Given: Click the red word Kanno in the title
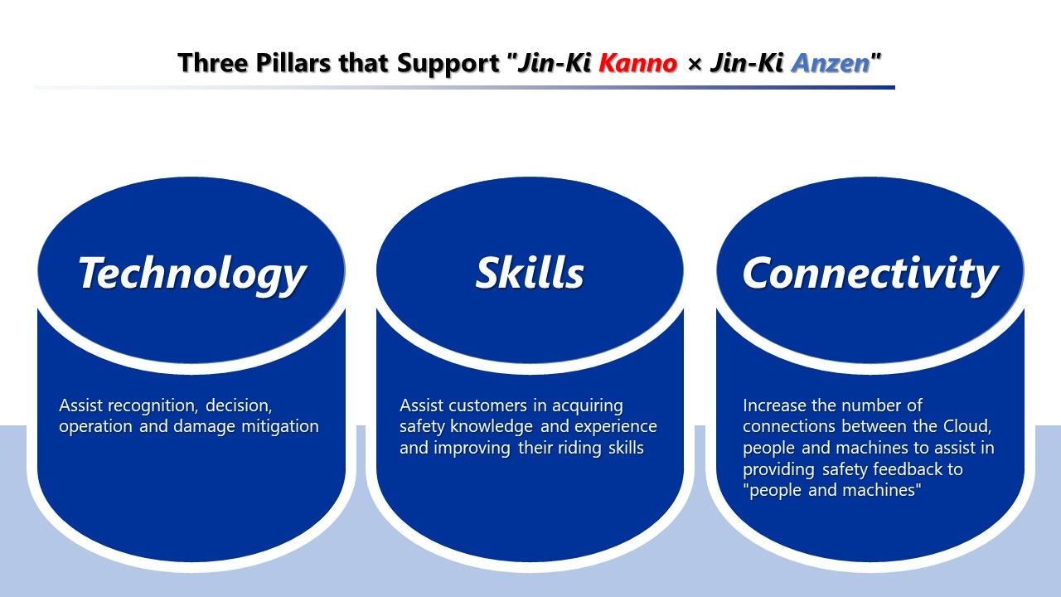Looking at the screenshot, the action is [638, 63].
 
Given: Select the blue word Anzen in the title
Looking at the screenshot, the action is [831, 63].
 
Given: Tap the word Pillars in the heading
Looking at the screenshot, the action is [293, 63].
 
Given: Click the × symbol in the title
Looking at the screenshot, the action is [694, 64].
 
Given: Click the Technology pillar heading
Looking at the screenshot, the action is [192, 274].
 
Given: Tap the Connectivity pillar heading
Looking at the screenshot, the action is [870, 274].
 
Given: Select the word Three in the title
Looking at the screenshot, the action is [213, 63].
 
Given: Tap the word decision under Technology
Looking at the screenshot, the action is [238, 406].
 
